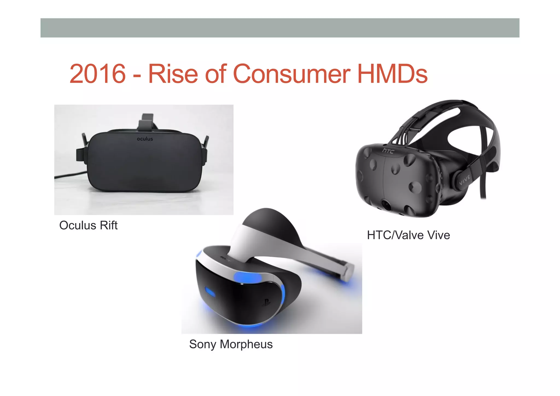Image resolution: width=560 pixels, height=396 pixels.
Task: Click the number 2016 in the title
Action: [x=97, y=74]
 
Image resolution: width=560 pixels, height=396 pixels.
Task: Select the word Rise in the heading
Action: [x=173, y=74]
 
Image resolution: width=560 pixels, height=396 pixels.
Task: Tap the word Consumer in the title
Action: [x=291, y=74]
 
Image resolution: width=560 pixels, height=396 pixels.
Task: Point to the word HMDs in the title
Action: [x=392, y=74]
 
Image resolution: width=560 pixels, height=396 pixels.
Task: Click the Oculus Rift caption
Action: [x=88, y=226]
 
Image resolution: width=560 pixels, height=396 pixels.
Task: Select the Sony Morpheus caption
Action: [x=231, y=344]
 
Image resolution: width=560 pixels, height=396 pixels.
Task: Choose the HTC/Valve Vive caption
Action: [x=408, y=235]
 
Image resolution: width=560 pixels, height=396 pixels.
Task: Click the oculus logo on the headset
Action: [x=145, y=139]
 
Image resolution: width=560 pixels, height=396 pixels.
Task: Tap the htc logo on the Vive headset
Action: [x=388, y=151]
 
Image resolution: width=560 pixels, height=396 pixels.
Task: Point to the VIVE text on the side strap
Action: [x=465, y=180]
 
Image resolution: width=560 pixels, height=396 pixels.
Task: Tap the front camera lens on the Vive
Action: [x=386, y=205]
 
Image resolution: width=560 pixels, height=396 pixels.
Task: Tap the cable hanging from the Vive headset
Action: [x=483, y=186]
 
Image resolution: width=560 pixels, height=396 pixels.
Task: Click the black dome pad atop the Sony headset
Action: [x=269, y=222]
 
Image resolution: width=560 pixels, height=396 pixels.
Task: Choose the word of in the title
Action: [x=216, y=74]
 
